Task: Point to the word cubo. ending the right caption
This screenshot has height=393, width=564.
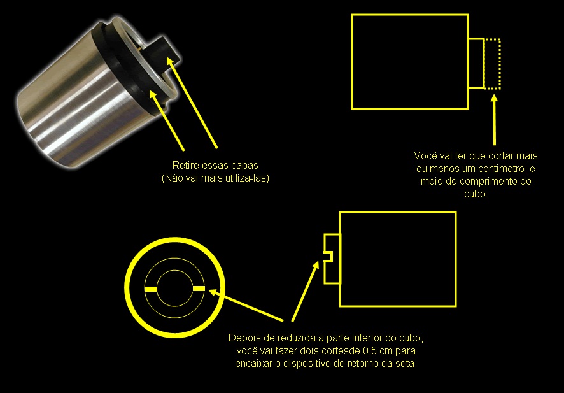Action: (x=476, y=194)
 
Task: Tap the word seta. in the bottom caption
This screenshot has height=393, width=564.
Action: (x=407, y=364)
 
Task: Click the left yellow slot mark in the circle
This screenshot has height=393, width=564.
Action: (x=151, y=289)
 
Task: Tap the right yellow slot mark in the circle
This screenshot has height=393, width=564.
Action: (x=199, y=289)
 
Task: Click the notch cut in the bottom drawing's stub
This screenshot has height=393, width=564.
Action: (x=328, y=257)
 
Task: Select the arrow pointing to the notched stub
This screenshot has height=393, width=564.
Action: (x=305, y=291)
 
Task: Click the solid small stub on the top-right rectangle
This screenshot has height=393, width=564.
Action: (x=476, y=63)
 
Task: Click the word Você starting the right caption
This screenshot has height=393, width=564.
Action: (x=425, y=155)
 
